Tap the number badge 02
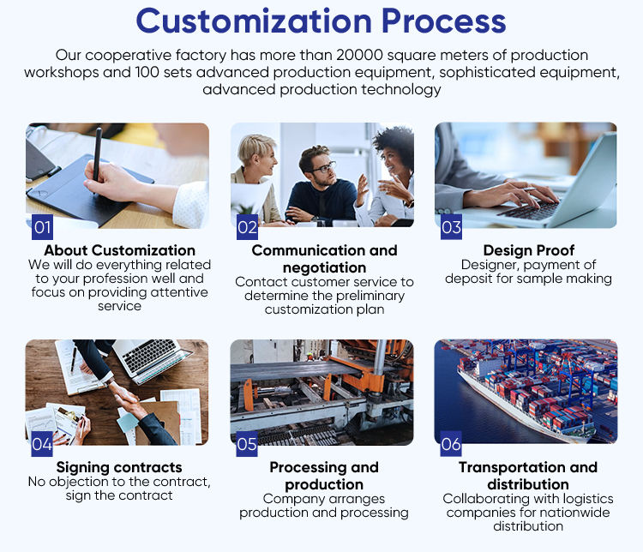point(247,227)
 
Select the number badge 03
point(451,227)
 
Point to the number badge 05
point(247,444)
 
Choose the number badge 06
point(451,444)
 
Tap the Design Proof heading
point(528,250)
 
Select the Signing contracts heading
point(119,467)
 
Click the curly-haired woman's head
point(393,146)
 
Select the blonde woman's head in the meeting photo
point(257,151)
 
